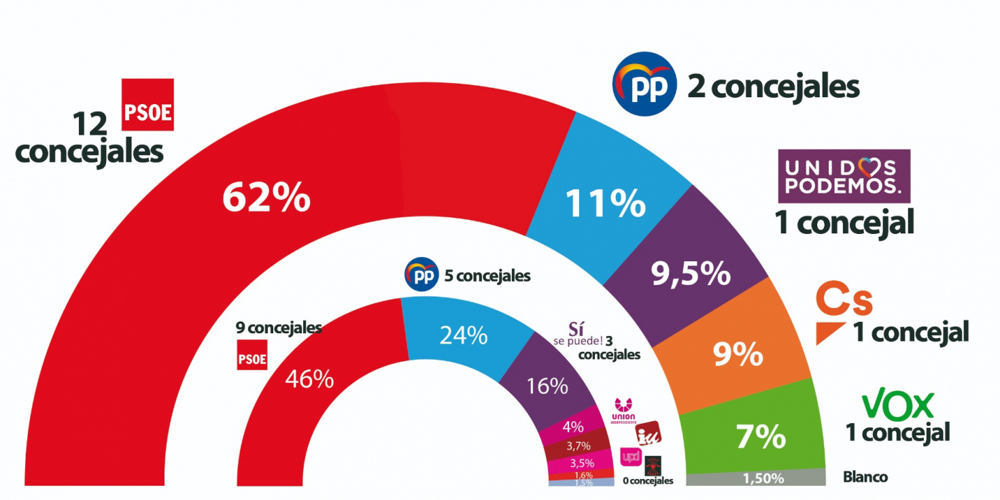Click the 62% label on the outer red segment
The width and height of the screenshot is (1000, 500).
tap(266, 198)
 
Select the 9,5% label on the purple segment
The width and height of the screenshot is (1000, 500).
tap(691, 273)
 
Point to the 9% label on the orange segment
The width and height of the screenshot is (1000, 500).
tap(738, 353)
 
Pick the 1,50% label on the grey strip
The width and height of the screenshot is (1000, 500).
tap(762, 478)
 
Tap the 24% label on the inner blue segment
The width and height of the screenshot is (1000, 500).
tap(464, 335)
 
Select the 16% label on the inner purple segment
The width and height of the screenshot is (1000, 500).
tap(547, 386)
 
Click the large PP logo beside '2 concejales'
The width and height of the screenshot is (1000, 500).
tap(644, 82)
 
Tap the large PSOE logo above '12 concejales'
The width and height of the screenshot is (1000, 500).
tap(148, 105)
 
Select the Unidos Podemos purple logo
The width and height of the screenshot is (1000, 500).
tap(844, 176)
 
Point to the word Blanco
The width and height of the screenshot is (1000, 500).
tap(865, 478)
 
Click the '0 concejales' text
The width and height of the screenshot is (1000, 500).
tap(647, 480)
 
